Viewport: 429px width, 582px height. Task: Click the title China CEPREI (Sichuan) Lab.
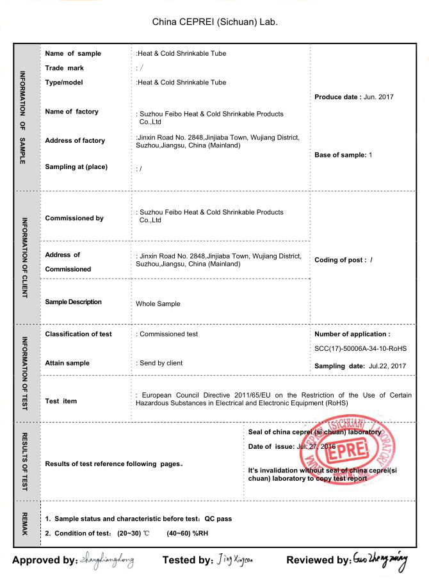pyautogui.click(x=214, y=22)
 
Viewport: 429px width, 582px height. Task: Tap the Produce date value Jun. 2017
pyautogui.click(x=378, y=97)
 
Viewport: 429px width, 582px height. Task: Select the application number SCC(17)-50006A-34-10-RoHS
pyautogui.click(x=360, y=348)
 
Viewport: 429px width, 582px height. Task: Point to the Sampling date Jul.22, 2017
pyautogui.click(x=388, y=366)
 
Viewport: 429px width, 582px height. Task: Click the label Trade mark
pyautogui.click(x=65, y=68)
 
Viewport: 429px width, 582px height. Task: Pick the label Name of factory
pyautogui.click(x=72, y=111)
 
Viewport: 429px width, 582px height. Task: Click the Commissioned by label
pyautogui.click(x=74, y=218)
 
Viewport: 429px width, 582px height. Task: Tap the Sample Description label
pyautogui.click(x=73, y=302)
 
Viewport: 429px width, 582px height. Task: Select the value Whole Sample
pyautogui.click(x=158, y=303)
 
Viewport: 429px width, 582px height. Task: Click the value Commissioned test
pyautogui.click(x=168, y=334)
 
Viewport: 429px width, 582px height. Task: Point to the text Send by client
pyautogui.click(x=161, y=363)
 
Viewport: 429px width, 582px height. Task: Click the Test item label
pyautogui.click(x=61, y=401)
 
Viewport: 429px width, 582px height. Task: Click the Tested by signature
pyautogui.click(x=235, y=560)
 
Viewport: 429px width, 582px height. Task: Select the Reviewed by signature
pyautogui.click(x=380, y=559)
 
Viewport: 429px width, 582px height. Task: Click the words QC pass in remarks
pyautogui.click(x=218, y=519)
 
